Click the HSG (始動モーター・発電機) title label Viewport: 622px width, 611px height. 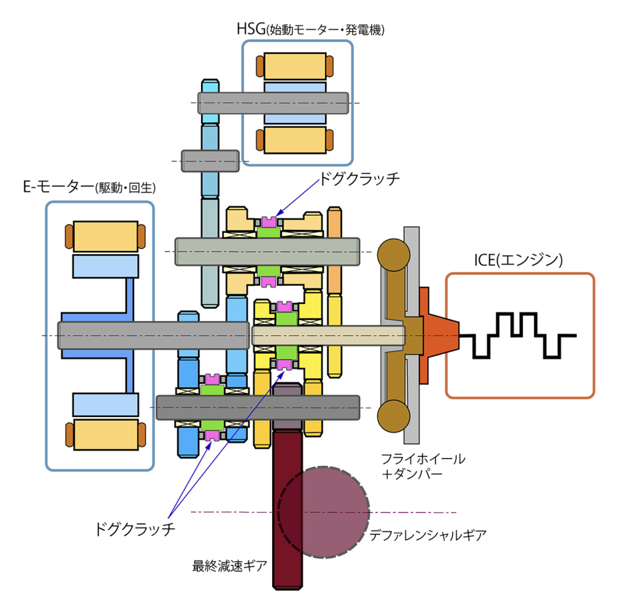(310, 29)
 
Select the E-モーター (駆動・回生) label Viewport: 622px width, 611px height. (89, 187)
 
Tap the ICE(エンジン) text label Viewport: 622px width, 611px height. (519, 260)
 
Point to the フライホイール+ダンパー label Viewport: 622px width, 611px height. (423, 466)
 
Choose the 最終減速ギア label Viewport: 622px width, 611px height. (230, 566)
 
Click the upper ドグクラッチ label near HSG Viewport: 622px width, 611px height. (360, 179)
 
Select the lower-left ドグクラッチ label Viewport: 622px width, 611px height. (134, 529)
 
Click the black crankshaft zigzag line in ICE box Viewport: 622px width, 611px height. (518, 336)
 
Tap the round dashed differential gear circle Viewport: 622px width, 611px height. (324, 512)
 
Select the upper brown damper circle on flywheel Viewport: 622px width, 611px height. (394, 255)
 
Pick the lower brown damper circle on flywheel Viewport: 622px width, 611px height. (394, 416)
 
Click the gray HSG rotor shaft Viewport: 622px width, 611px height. (273, 103)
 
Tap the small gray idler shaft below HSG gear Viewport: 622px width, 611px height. (210, 161)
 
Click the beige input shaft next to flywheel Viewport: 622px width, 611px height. (329, 336)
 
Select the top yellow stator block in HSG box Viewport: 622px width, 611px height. (295, 66)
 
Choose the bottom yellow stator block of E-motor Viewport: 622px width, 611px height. (106, 434)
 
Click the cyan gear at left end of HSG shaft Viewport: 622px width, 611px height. (210, 102)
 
